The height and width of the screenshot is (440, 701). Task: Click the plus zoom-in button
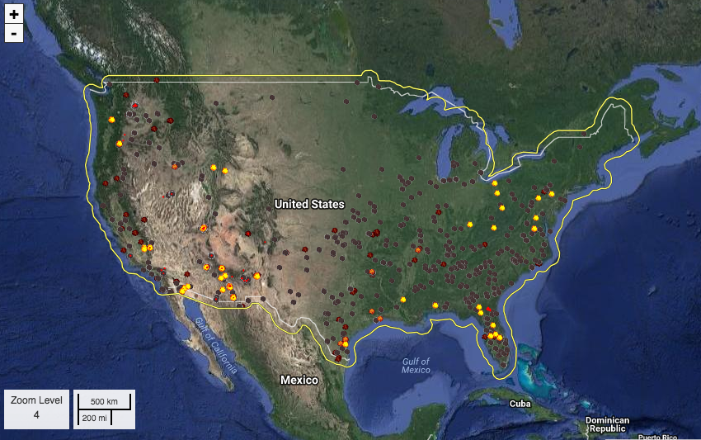pos(14,14)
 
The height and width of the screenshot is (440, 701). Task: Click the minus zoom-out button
pos(14,33)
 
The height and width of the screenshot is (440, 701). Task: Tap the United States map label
pos(309,204)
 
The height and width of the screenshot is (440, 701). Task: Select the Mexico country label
pos(299,380)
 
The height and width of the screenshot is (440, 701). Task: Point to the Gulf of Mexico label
pos(416,366)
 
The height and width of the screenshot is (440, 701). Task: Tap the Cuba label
pos(519,404)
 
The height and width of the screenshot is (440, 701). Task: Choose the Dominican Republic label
pos(607,424)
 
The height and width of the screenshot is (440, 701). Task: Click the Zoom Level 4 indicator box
pos(36,409)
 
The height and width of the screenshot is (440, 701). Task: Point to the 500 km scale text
pos(105,401)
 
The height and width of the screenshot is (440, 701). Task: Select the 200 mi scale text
pos(94,419)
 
